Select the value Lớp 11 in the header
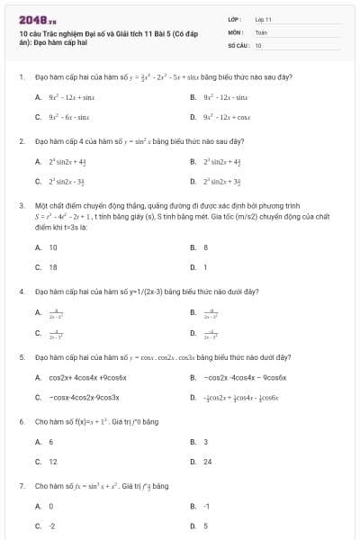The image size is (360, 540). (263, 18)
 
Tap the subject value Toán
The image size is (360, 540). (261, 31)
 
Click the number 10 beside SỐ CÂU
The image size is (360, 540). (258, 44)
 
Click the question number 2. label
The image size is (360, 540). (21, 141)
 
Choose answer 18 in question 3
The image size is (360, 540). (53, 267)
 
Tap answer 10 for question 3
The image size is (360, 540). (53, 247)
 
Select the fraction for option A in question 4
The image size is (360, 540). (56, 314)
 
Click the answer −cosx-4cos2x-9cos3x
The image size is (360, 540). (85, 397)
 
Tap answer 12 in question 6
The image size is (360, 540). (53, 462)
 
